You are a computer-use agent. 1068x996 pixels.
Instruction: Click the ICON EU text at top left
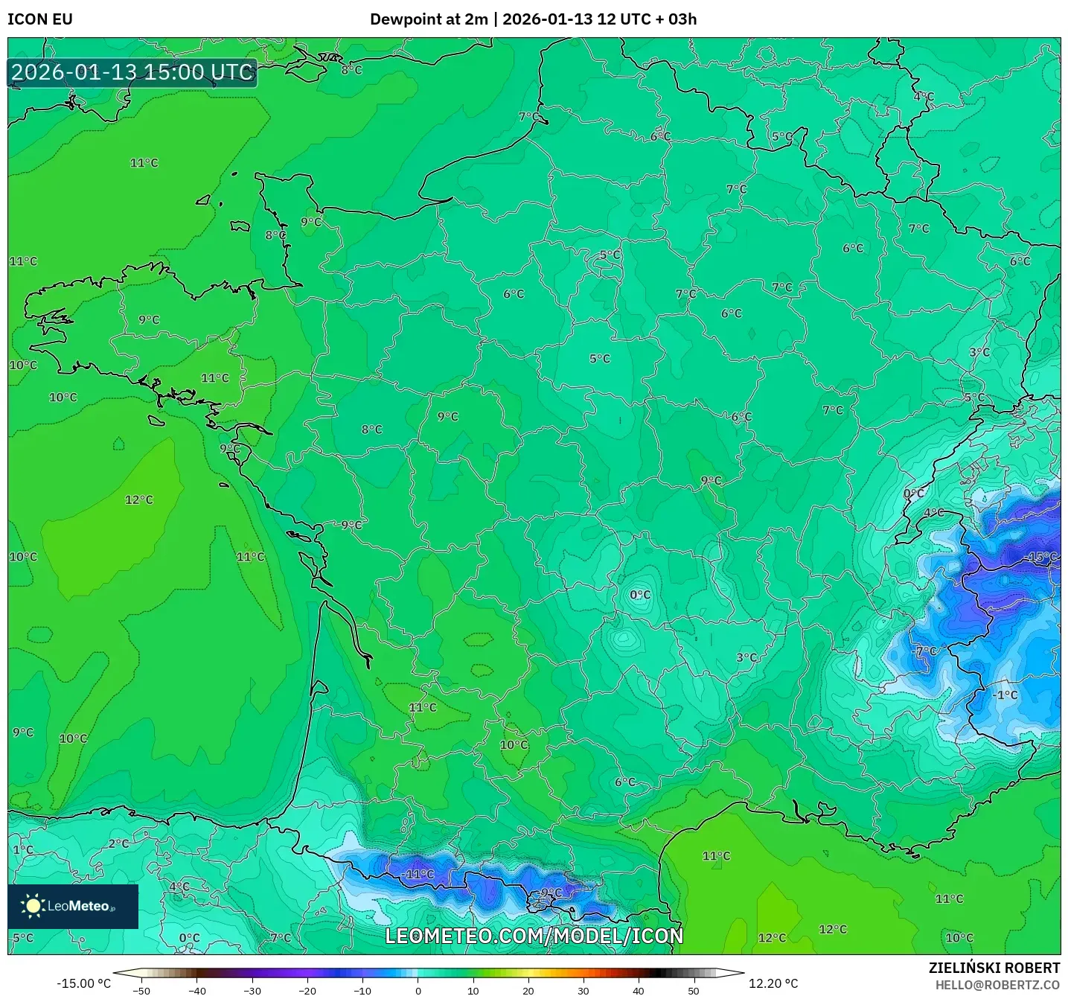point(40,19)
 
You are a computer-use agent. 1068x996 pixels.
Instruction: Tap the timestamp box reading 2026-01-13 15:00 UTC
point(132,72)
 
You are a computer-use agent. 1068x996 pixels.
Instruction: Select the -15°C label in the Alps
point(1041,557)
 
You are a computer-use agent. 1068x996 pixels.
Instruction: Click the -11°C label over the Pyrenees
point(418,874)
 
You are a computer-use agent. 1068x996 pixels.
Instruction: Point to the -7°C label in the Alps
point(925,651)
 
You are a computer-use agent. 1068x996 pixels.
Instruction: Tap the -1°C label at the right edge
point(1005,695)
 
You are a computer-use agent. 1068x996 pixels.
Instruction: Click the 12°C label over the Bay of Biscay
point(139,499)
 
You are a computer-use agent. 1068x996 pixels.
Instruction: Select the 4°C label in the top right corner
point(924,97)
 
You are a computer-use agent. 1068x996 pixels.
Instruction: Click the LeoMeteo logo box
point(73,906)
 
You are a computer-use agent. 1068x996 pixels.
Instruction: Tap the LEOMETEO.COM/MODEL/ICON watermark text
point(534,936)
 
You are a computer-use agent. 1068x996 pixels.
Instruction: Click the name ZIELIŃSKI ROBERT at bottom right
point(994,968)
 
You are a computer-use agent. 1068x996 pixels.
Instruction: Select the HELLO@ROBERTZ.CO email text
point(997,985)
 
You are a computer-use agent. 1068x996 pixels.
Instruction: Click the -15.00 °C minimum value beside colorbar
point(83,983)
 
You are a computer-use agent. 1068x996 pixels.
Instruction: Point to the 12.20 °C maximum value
point(773,983)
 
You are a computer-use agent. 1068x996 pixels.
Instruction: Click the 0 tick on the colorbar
point(418,991)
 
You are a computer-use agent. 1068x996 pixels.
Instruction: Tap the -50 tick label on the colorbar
point(141,991)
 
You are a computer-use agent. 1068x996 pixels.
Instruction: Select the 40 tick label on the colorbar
point(638,991)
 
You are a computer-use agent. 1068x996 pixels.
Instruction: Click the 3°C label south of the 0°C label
point(746,657)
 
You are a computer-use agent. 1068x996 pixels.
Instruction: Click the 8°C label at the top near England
point(351,70)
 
